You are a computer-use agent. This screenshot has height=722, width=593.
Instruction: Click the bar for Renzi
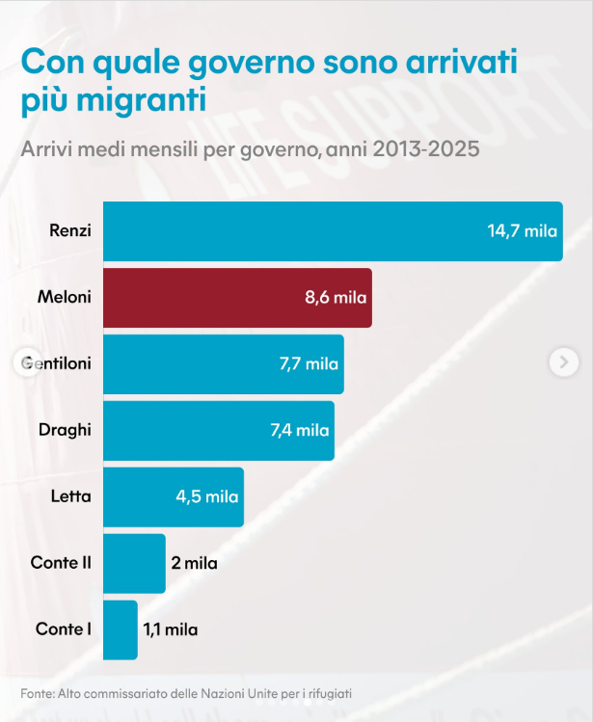[x=333, y=231]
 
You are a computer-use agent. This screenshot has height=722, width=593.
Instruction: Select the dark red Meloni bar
[x=237, y=298]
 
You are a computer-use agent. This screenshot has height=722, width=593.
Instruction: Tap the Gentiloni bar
[x=223, y=364]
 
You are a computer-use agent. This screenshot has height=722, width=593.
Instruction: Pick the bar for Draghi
[x=218, y=431]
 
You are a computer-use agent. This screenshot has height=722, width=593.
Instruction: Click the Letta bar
[x=173, y=497]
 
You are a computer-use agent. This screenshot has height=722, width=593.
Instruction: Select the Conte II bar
[x=134, y=564]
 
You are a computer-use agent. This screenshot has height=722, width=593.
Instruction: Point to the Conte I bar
[x=120, y=630]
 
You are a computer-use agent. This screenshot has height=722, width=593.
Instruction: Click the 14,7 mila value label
[x=523, y=231]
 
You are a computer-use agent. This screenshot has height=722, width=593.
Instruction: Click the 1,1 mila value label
[x=171, y=630]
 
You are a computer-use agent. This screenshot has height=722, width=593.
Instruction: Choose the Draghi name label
[x=65, y=431]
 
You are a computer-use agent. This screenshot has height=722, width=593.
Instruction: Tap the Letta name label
[x=70, y=497]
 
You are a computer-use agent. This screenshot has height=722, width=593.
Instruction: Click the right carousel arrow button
[x=564, y=361]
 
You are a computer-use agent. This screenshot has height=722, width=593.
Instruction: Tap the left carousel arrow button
[x=27, y=361]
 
